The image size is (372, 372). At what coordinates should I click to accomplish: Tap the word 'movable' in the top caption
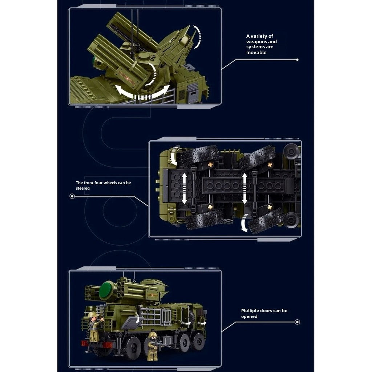(x=256, y=52)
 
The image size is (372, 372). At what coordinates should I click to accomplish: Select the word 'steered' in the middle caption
(x=83, y=188)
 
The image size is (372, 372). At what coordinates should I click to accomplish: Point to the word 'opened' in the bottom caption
(x=249, y=316)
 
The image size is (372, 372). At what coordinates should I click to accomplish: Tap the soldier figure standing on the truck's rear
(x=95, y=327)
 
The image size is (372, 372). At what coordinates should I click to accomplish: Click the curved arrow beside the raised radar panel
(x=198, y=37)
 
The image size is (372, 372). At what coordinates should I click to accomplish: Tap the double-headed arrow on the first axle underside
(x=184, y=189)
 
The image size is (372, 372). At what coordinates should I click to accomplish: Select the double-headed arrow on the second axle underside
(x=244, y=189)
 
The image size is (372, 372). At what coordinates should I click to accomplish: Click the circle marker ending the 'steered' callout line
(x=72, y=196)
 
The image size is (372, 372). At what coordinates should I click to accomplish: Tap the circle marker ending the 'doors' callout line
(x=297, y=322)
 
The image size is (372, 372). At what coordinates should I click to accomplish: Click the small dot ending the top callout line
(x=297, y=60)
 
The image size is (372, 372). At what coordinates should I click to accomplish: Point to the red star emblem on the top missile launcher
(x=128, y=78)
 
